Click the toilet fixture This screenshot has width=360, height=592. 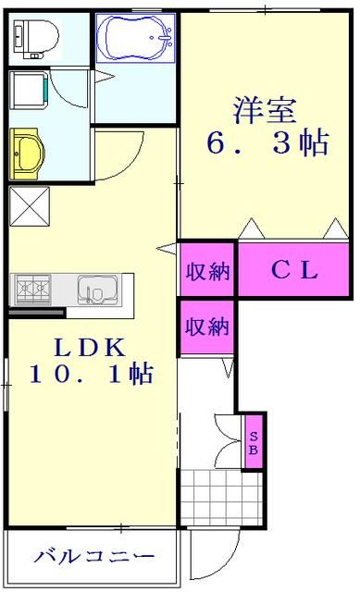tap(35, 37)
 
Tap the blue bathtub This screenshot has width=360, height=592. tap(137, 38)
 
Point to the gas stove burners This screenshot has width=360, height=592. tap(34, 290)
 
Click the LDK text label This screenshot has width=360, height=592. tap(90, 348)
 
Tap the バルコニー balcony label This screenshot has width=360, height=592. tap(93, 558)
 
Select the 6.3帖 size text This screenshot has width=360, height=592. tap(267, 143)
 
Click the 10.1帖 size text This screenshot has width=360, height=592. tap(90, 376)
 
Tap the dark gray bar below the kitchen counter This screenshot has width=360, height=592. tap(36, 313)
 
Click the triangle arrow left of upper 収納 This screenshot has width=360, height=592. tap(166, 247)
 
